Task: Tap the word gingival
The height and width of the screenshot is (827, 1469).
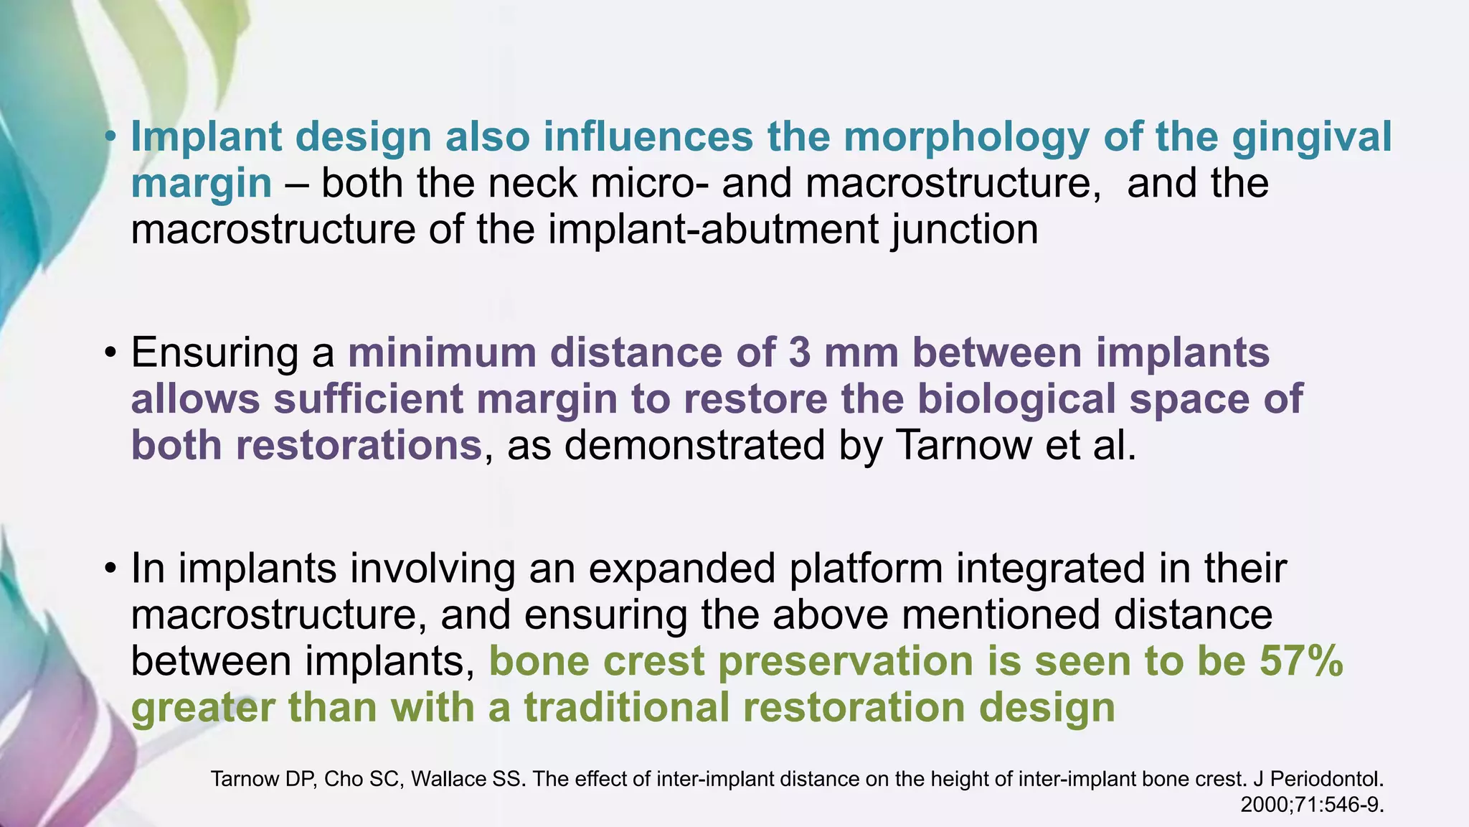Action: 1312,136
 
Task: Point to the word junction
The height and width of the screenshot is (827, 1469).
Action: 964,230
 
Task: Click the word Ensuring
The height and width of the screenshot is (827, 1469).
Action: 214,353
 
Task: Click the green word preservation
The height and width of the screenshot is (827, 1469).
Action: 846,660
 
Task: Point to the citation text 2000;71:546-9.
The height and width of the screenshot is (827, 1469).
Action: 1312,805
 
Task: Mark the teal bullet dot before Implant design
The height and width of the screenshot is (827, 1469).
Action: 109,137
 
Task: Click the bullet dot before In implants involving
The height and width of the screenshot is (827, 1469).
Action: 109,569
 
